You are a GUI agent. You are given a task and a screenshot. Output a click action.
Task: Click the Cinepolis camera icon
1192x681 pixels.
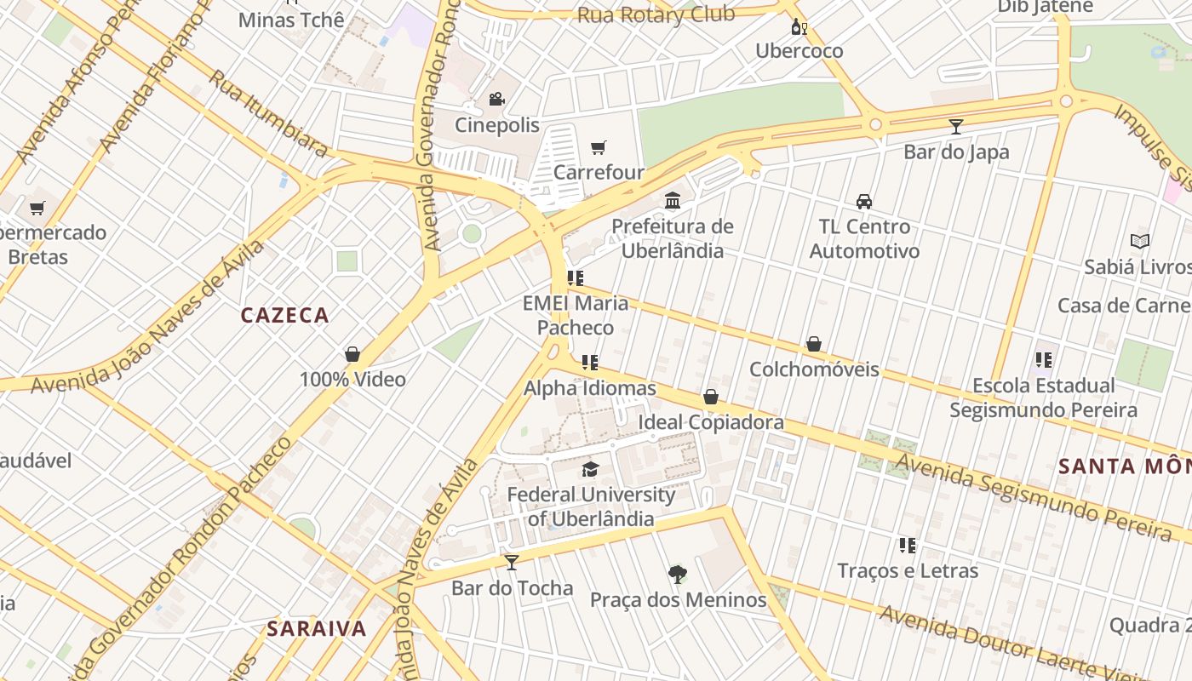click(496, 100)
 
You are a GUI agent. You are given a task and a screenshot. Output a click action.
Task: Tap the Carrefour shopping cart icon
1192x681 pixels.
click(599, 147)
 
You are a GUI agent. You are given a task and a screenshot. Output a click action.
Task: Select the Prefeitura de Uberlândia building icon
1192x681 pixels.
click(673, 200)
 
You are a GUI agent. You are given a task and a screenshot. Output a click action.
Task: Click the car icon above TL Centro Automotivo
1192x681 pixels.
click(864, 202)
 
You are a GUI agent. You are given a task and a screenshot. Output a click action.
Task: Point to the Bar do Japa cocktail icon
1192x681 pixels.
click(956, 127)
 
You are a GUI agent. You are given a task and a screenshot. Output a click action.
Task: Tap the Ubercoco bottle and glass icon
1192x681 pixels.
click(799, 26)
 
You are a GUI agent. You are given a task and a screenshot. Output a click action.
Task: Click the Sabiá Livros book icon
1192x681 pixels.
click(1139, 241)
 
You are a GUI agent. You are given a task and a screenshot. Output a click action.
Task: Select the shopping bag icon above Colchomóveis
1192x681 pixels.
click(814, 344)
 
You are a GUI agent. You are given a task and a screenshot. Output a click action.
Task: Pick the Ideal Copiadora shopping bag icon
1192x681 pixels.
click(711, 397)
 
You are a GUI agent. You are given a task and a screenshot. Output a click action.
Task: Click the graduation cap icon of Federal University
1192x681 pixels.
click(590, 469)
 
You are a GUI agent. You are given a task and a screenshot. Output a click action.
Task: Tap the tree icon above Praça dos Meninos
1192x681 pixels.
click(678, 574)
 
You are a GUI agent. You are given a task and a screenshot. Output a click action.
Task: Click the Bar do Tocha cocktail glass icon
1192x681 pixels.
click(512, 562)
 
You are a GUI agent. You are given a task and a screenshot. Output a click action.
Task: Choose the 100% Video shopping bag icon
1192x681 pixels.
click(352, 354)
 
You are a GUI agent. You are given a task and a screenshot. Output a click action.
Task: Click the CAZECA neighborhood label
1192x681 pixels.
click(284, 315)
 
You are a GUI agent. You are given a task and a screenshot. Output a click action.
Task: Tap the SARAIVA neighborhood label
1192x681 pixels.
click(317, 629)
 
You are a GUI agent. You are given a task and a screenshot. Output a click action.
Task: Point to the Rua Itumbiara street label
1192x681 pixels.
click(268, 113)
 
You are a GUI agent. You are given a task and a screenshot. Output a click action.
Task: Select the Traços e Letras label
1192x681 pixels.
click(908, 570)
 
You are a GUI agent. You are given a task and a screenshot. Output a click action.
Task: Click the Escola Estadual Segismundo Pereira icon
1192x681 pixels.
click(1044, 360)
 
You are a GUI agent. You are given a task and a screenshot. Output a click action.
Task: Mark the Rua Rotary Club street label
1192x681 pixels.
click(656, 14)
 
